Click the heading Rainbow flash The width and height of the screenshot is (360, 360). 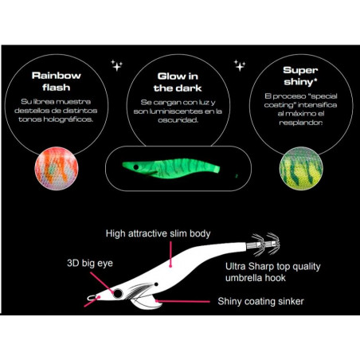[57, 81]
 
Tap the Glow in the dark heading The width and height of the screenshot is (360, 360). [178, 82]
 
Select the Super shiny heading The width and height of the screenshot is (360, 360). [300, 76]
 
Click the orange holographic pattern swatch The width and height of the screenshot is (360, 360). [57, 169]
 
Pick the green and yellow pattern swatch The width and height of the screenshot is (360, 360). [301, 169]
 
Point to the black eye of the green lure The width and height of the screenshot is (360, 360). [136, 167]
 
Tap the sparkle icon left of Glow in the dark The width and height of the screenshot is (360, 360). [116, 65]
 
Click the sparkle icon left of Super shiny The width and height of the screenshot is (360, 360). [240, 65]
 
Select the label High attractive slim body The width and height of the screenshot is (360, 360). [158, 233]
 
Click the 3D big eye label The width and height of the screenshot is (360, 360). [90, 264]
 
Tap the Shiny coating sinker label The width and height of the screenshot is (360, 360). [260, 301]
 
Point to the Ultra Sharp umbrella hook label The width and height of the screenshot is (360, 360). [273, 272]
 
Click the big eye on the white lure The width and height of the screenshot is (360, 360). [118, 294]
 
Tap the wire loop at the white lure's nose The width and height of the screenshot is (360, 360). [92, 298]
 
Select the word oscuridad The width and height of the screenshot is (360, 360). [178, 120]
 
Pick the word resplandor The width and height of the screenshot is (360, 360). [301, 123]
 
